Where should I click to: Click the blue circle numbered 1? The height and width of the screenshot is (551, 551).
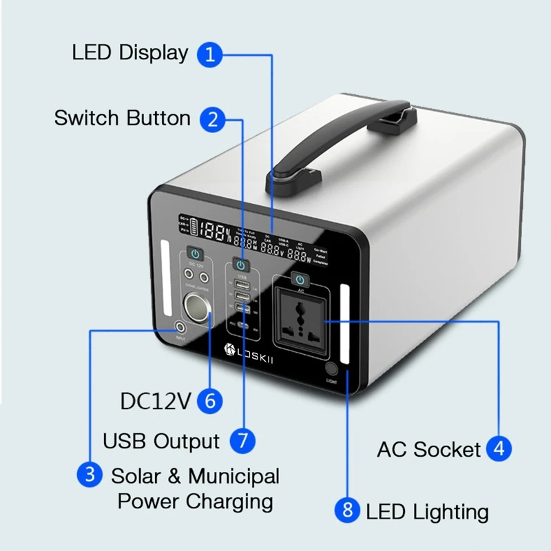point(211,54)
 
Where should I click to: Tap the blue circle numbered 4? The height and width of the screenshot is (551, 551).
point(499,449)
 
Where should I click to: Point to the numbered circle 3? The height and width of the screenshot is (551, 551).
point(90,475)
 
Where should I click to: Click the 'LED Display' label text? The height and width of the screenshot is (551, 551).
point(130,53)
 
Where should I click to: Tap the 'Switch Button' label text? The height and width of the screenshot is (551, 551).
point(123,118)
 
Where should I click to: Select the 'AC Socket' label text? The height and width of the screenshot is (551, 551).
point(428,450)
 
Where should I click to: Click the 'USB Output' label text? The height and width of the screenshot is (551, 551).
point(161,441)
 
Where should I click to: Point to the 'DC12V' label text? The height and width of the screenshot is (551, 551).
point(155,401)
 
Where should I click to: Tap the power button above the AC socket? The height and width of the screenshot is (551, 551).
point(299,279)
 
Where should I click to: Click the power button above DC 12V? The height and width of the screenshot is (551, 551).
point(194,255)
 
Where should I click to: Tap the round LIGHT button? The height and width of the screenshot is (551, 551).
point(331,369)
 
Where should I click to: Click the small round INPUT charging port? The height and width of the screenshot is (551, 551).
point(180,329)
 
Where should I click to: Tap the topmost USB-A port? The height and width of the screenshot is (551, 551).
point(241,284)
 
